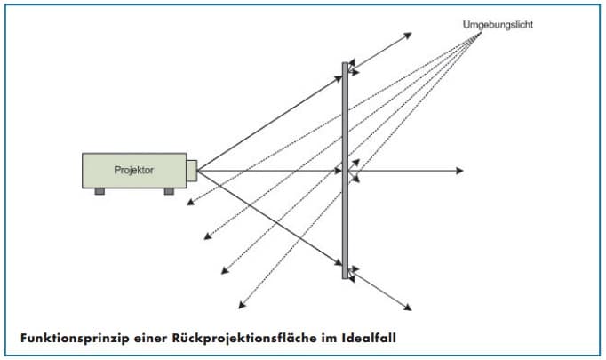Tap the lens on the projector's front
(192, 170)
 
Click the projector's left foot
(100, 190)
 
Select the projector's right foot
(169, 190)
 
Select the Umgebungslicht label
(498, 24)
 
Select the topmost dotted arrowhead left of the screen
(188, 206)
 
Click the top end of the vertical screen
(346, 64)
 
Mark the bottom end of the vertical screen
(346, 276)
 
